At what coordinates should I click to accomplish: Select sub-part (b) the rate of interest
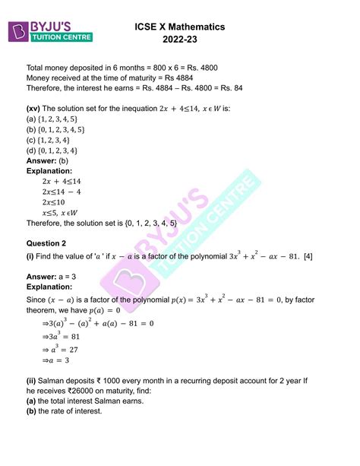[x=65, y=411]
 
